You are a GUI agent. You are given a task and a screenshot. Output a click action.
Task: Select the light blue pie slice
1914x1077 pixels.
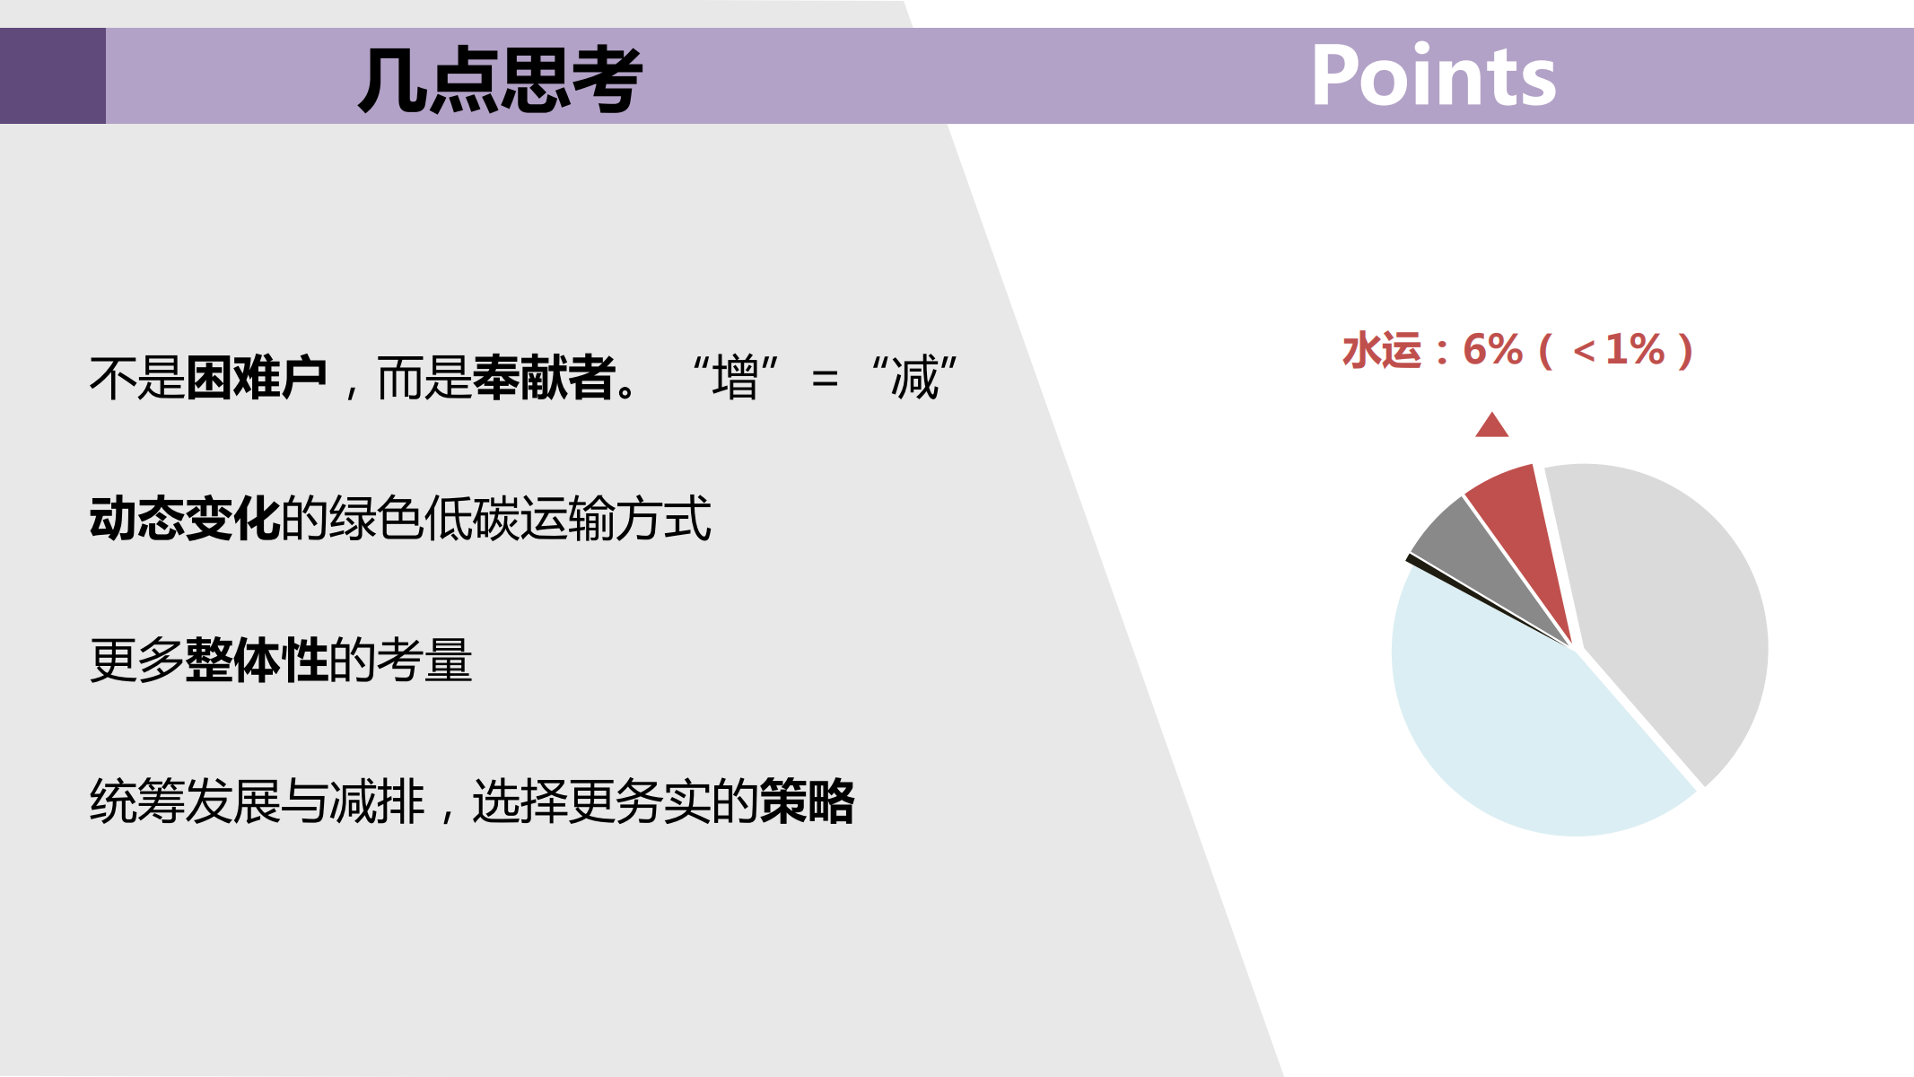pos(1525,727)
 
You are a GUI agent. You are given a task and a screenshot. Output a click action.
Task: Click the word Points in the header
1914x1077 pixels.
pos(1433,76)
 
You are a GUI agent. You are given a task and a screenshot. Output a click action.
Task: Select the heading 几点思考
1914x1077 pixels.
pos(500,80)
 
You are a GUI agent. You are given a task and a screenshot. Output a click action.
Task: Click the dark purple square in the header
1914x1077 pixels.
pos(53,75)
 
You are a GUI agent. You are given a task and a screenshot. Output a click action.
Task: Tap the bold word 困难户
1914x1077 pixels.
pos(257,378)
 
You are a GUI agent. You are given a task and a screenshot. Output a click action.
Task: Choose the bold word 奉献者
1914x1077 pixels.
pos(544,378)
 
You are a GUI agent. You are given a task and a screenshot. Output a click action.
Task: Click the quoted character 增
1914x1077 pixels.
pos(736,378)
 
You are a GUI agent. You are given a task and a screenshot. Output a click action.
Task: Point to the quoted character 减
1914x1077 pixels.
pos(914,378)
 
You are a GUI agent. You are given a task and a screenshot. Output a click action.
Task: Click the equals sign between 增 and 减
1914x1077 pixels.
pos(825,379)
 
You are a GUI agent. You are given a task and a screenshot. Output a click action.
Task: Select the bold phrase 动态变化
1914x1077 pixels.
pos(185,519)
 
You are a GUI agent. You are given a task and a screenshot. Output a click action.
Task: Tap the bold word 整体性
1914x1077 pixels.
pos(257,660)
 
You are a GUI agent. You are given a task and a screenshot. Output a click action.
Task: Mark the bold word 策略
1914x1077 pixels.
pos(808,801)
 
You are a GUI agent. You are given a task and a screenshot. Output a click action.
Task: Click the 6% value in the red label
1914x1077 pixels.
pos(1493,350)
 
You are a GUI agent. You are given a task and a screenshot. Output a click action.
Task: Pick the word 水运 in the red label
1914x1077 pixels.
pos(1383,350)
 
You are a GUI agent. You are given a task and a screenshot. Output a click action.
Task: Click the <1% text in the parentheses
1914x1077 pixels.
pos(1619,350)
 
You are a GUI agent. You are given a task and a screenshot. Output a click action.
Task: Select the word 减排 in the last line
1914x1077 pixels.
pos(377,801)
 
